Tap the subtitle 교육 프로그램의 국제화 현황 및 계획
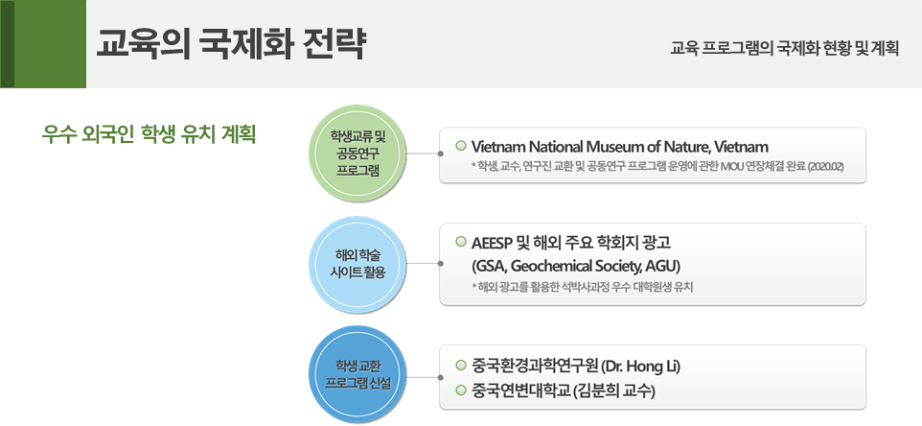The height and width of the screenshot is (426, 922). pyautogui.click(x=784, y=48)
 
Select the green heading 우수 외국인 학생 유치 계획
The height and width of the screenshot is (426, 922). pyautogui.click(x=149, y=134)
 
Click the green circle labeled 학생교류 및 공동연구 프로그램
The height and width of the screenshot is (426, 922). pyautogui.click(x=358, y=154)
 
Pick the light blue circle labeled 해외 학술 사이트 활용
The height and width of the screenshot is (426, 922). pyautogui.click(x=358, y=264)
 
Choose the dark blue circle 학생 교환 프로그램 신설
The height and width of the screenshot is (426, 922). pyautogui.click(x=358, y=375)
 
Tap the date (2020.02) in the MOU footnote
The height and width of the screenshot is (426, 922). pyautogui.click(x=825, y=167)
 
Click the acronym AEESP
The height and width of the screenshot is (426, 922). pyautogui.click(x=492, y=242)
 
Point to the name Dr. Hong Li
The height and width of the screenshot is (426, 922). pyautogui.click(x=641, y=366)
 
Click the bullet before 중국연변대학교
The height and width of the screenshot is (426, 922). pyautogui.click(x=461, y=390)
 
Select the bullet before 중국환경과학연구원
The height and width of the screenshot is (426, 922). pyautogui.click(x=461, y=366)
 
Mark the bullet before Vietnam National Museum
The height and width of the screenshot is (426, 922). pyautogui.click(x=461, y=145)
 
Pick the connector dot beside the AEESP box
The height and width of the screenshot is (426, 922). pyautogui.click(x=441, y=264)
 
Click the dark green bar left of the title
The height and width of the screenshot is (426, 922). pyautogui.click(x=7, y=44)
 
